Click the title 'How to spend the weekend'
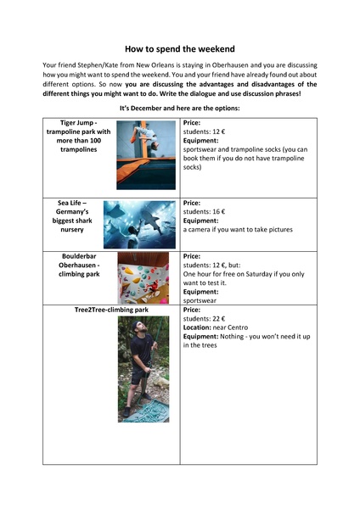coord(179,50)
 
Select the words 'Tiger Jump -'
coord(82,123)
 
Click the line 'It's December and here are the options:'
coord(179,109)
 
